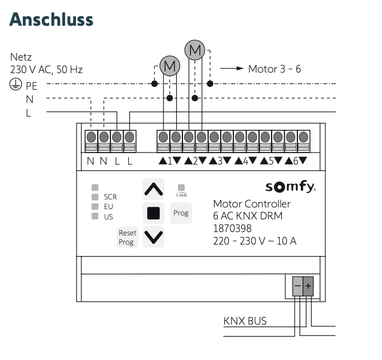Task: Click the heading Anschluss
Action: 51,19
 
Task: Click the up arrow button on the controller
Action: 153,189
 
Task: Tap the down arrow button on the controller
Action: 153,235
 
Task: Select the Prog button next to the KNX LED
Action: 181,213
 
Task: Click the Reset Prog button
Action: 126,237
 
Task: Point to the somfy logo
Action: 291,187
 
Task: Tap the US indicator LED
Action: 95,216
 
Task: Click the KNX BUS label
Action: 245,321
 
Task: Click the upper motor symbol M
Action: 196,50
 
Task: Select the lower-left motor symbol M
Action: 169,67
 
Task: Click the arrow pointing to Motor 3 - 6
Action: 232,69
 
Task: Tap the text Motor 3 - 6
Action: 274,69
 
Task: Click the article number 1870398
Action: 232,227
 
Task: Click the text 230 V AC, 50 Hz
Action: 46,70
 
